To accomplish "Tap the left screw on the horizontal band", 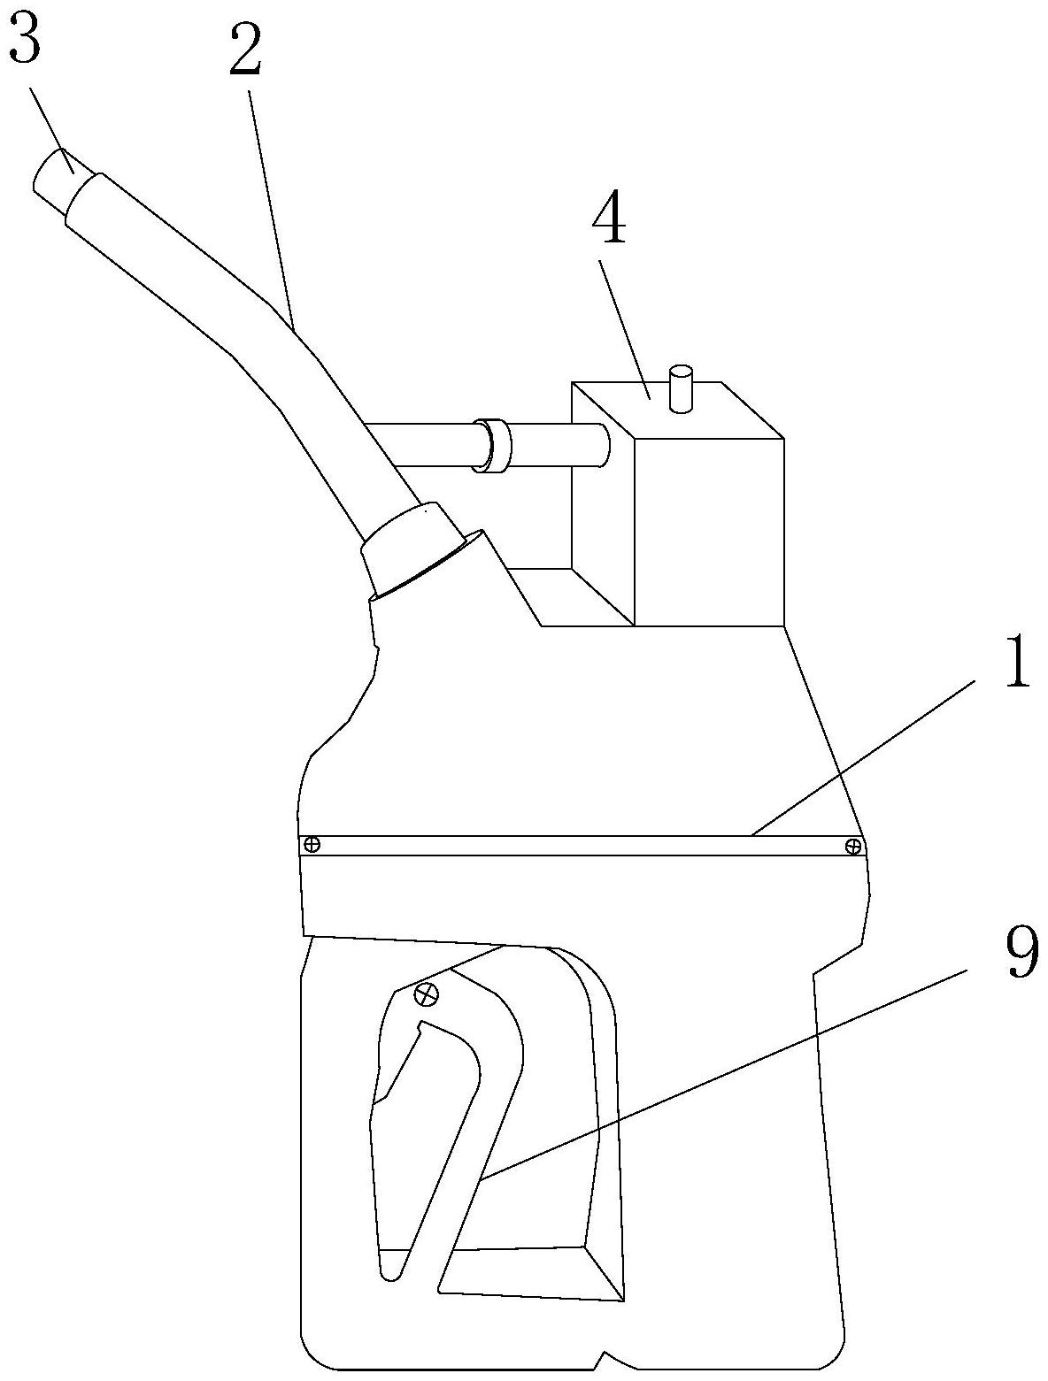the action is pyautogui.click(x=312, y=845).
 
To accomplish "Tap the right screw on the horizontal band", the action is pyautogui.click(x=852, y=847).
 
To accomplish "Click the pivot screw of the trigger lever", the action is pyautogui.click(x=427, y=995).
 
